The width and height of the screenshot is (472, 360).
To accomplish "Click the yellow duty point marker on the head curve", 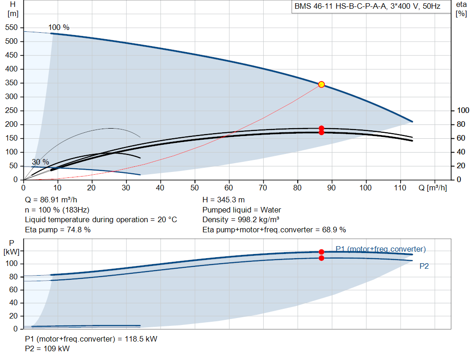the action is click(321, 84).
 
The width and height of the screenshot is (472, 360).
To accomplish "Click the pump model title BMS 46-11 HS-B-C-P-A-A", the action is click(340, 6).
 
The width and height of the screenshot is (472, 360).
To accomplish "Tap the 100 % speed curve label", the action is click(59, 27).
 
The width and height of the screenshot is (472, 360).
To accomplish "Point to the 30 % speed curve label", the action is click(41, 162).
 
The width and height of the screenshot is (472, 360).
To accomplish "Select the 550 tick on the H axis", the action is click(12, 27).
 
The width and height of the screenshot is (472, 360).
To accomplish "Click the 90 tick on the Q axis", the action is click(331, 188).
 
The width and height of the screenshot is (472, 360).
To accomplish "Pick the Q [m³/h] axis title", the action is click(432, 188).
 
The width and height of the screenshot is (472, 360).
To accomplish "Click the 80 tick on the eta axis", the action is click(461, 124).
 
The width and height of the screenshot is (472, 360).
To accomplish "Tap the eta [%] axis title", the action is click(461, 9).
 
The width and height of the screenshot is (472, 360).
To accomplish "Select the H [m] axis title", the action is click(12, 9).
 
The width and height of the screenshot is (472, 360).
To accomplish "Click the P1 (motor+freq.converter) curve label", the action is click(380, 249).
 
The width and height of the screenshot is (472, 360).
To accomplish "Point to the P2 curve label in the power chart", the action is click(424, 266).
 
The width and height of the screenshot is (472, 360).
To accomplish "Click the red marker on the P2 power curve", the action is click(321, 258).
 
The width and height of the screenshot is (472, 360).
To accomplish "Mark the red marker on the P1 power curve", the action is click(321, 252).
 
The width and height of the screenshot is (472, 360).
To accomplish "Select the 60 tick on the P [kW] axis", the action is click(13, 289).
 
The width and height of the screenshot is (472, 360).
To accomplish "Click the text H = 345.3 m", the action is click(224, 200).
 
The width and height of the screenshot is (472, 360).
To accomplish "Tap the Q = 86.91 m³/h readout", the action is click(51, 200).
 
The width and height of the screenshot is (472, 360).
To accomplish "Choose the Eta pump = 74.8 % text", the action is click(58, 230).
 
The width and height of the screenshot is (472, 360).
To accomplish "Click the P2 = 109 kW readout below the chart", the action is click(47, 348).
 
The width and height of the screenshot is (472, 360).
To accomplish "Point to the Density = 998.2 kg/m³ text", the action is click(241, 220).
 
